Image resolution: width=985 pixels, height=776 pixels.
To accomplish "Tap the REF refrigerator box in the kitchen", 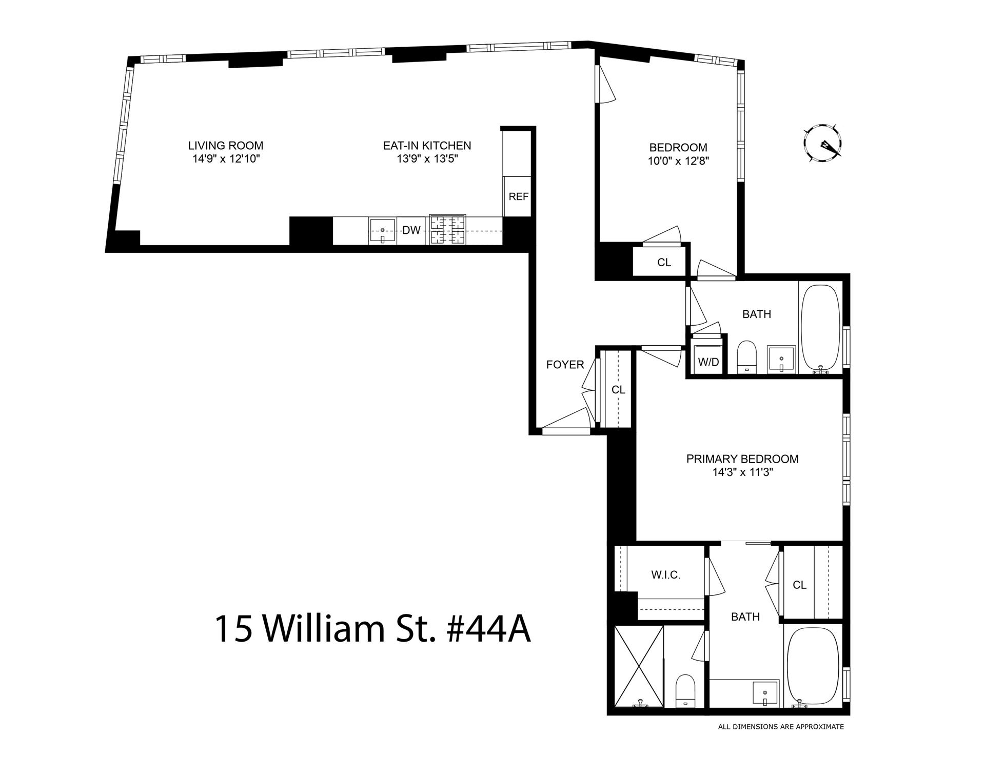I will click(x=518, y=196).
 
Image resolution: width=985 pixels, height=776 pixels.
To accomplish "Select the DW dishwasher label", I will click(x=411, y=231).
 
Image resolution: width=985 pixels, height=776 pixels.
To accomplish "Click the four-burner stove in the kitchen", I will click(x=447, y=229).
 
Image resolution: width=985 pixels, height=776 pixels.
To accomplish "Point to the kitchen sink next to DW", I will click(x=382, y=231).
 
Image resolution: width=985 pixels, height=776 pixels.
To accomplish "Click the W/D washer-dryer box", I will click(x=708, y=362).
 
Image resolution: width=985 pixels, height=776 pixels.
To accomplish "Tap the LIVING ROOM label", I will click(x=226, y=146).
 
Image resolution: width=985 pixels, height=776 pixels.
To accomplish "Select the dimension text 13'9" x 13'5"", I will click(x=427, y=159).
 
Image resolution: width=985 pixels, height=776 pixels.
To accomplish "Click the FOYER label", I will click(x=565, y=365).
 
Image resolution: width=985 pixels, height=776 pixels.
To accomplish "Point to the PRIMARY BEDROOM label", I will click(x=742, y=459).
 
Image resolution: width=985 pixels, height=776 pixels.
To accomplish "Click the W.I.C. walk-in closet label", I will click(x=666, y=575).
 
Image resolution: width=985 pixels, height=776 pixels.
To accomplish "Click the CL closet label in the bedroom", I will click(x=664, y=263).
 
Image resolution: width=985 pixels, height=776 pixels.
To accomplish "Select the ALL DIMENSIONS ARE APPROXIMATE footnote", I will click(x=781, y=727).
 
